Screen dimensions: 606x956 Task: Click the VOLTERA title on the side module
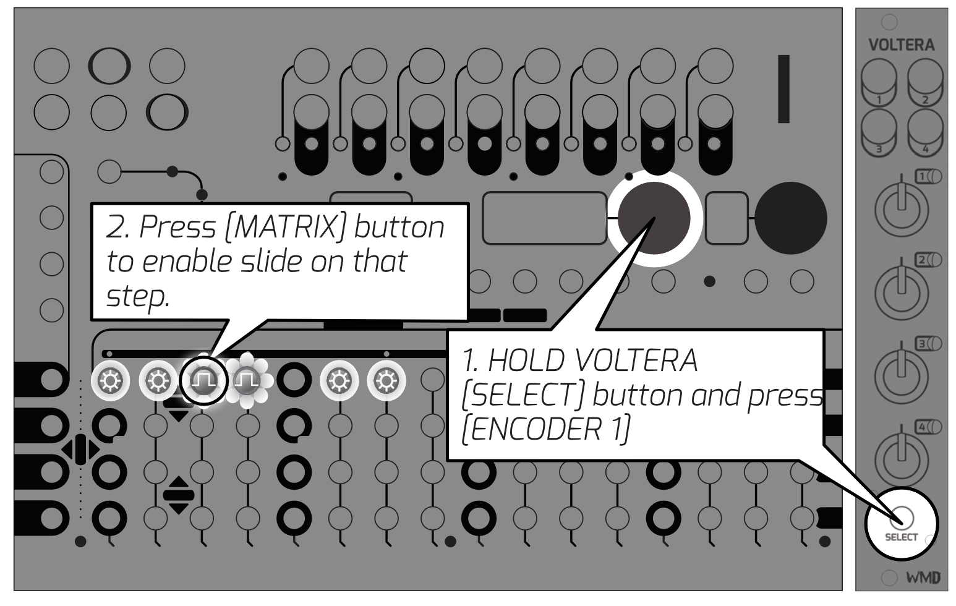pyautogui.click(x=901, y=45)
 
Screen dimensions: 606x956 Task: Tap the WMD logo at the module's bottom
pyautogui.click(x=922, y=578)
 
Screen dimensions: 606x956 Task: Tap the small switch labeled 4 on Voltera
pyautogui.click(x=928, y=427)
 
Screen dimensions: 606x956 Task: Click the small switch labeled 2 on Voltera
pyautogui.click(x=928, y=260)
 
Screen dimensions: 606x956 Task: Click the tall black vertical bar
pyautogui.click(x=783, y=88)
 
